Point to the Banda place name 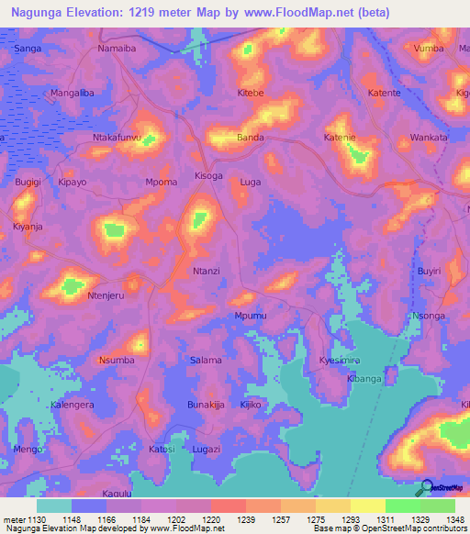click(251, 138)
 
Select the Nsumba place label click(117, 360)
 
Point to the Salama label click(205, 360)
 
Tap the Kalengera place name click(73, 405)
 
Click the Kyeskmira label click(339, 361)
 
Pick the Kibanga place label click(364, 378)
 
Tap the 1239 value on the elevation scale click(246, 519)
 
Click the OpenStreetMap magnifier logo click(425, 488)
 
